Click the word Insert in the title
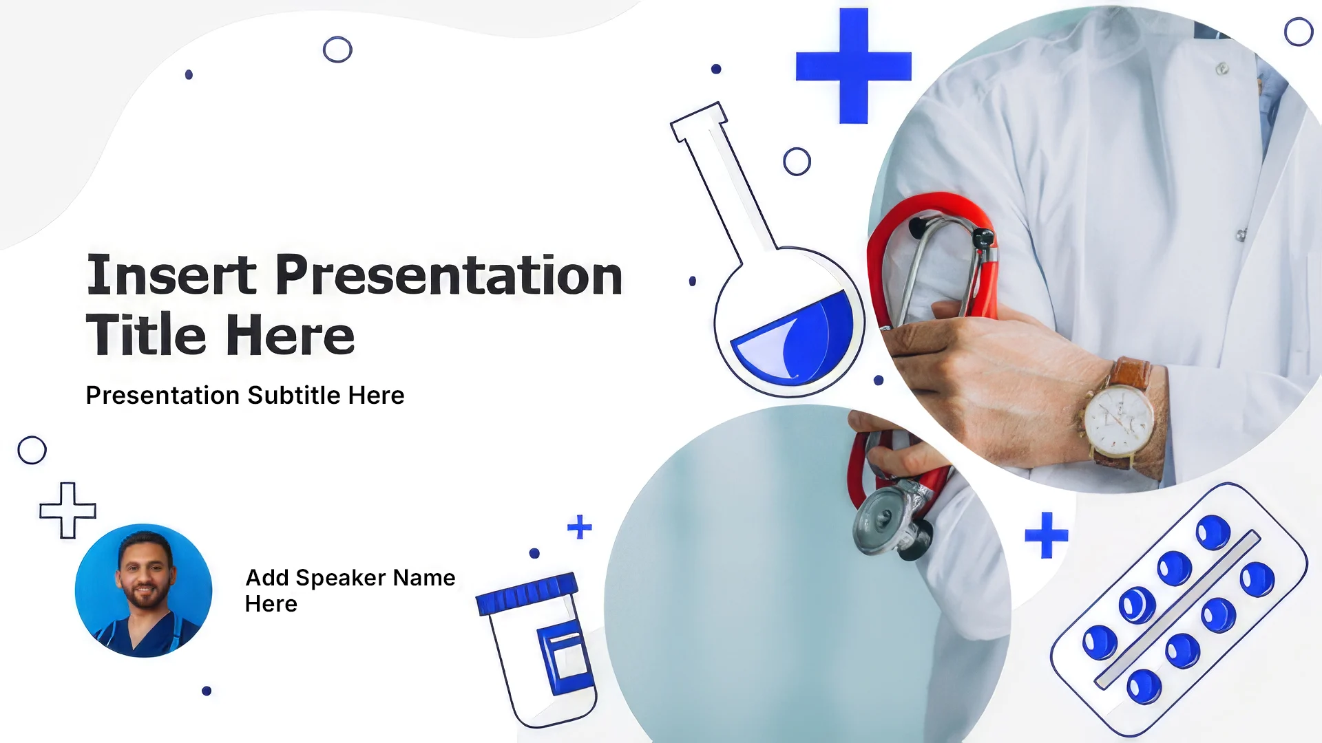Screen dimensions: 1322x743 pos(171,275)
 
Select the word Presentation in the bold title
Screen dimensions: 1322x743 pos(450,275)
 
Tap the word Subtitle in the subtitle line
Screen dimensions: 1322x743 pos(294,396)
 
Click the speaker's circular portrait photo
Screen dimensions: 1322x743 pos(143,590)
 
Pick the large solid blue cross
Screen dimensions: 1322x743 pos(854,66)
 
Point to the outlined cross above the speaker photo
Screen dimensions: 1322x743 pos(67,510)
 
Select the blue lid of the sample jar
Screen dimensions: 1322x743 pos(527,593)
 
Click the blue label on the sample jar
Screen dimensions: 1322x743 pos(565,658)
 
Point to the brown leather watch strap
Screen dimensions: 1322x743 pos(1129,374)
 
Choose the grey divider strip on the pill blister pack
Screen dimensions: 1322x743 pos(1178,610)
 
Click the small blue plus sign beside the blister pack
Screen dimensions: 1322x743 pos(1047,535)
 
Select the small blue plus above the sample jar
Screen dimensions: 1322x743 pos(580,527)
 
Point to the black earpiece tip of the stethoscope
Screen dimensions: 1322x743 pos(983,238)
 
